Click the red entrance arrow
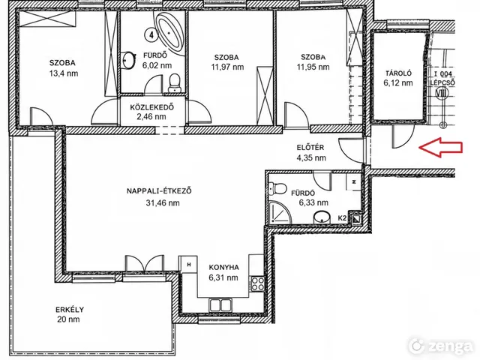(x=440, y=148)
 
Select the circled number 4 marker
(x=151, y=35)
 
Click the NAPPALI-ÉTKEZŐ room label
(x=159, y=191)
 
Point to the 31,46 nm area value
(x=163, y=203)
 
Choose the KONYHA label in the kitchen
(x=223, y=267)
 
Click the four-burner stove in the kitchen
(x=257, y=283)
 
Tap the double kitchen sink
(x=220, y=305)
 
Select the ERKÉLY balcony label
(x=70, y=310)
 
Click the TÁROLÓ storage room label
(x=398, y=73)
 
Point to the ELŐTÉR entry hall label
(x=310, y=147)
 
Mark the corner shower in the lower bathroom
(x=279, y=211)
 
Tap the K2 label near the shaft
(x=342, y=218)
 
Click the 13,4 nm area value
(x=64, y=73)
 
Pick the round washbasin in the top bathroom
(x=129, y=60)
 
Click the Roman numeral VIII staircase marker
(x=442, y=92)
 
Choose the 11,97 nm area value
(x=227, y=67)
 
